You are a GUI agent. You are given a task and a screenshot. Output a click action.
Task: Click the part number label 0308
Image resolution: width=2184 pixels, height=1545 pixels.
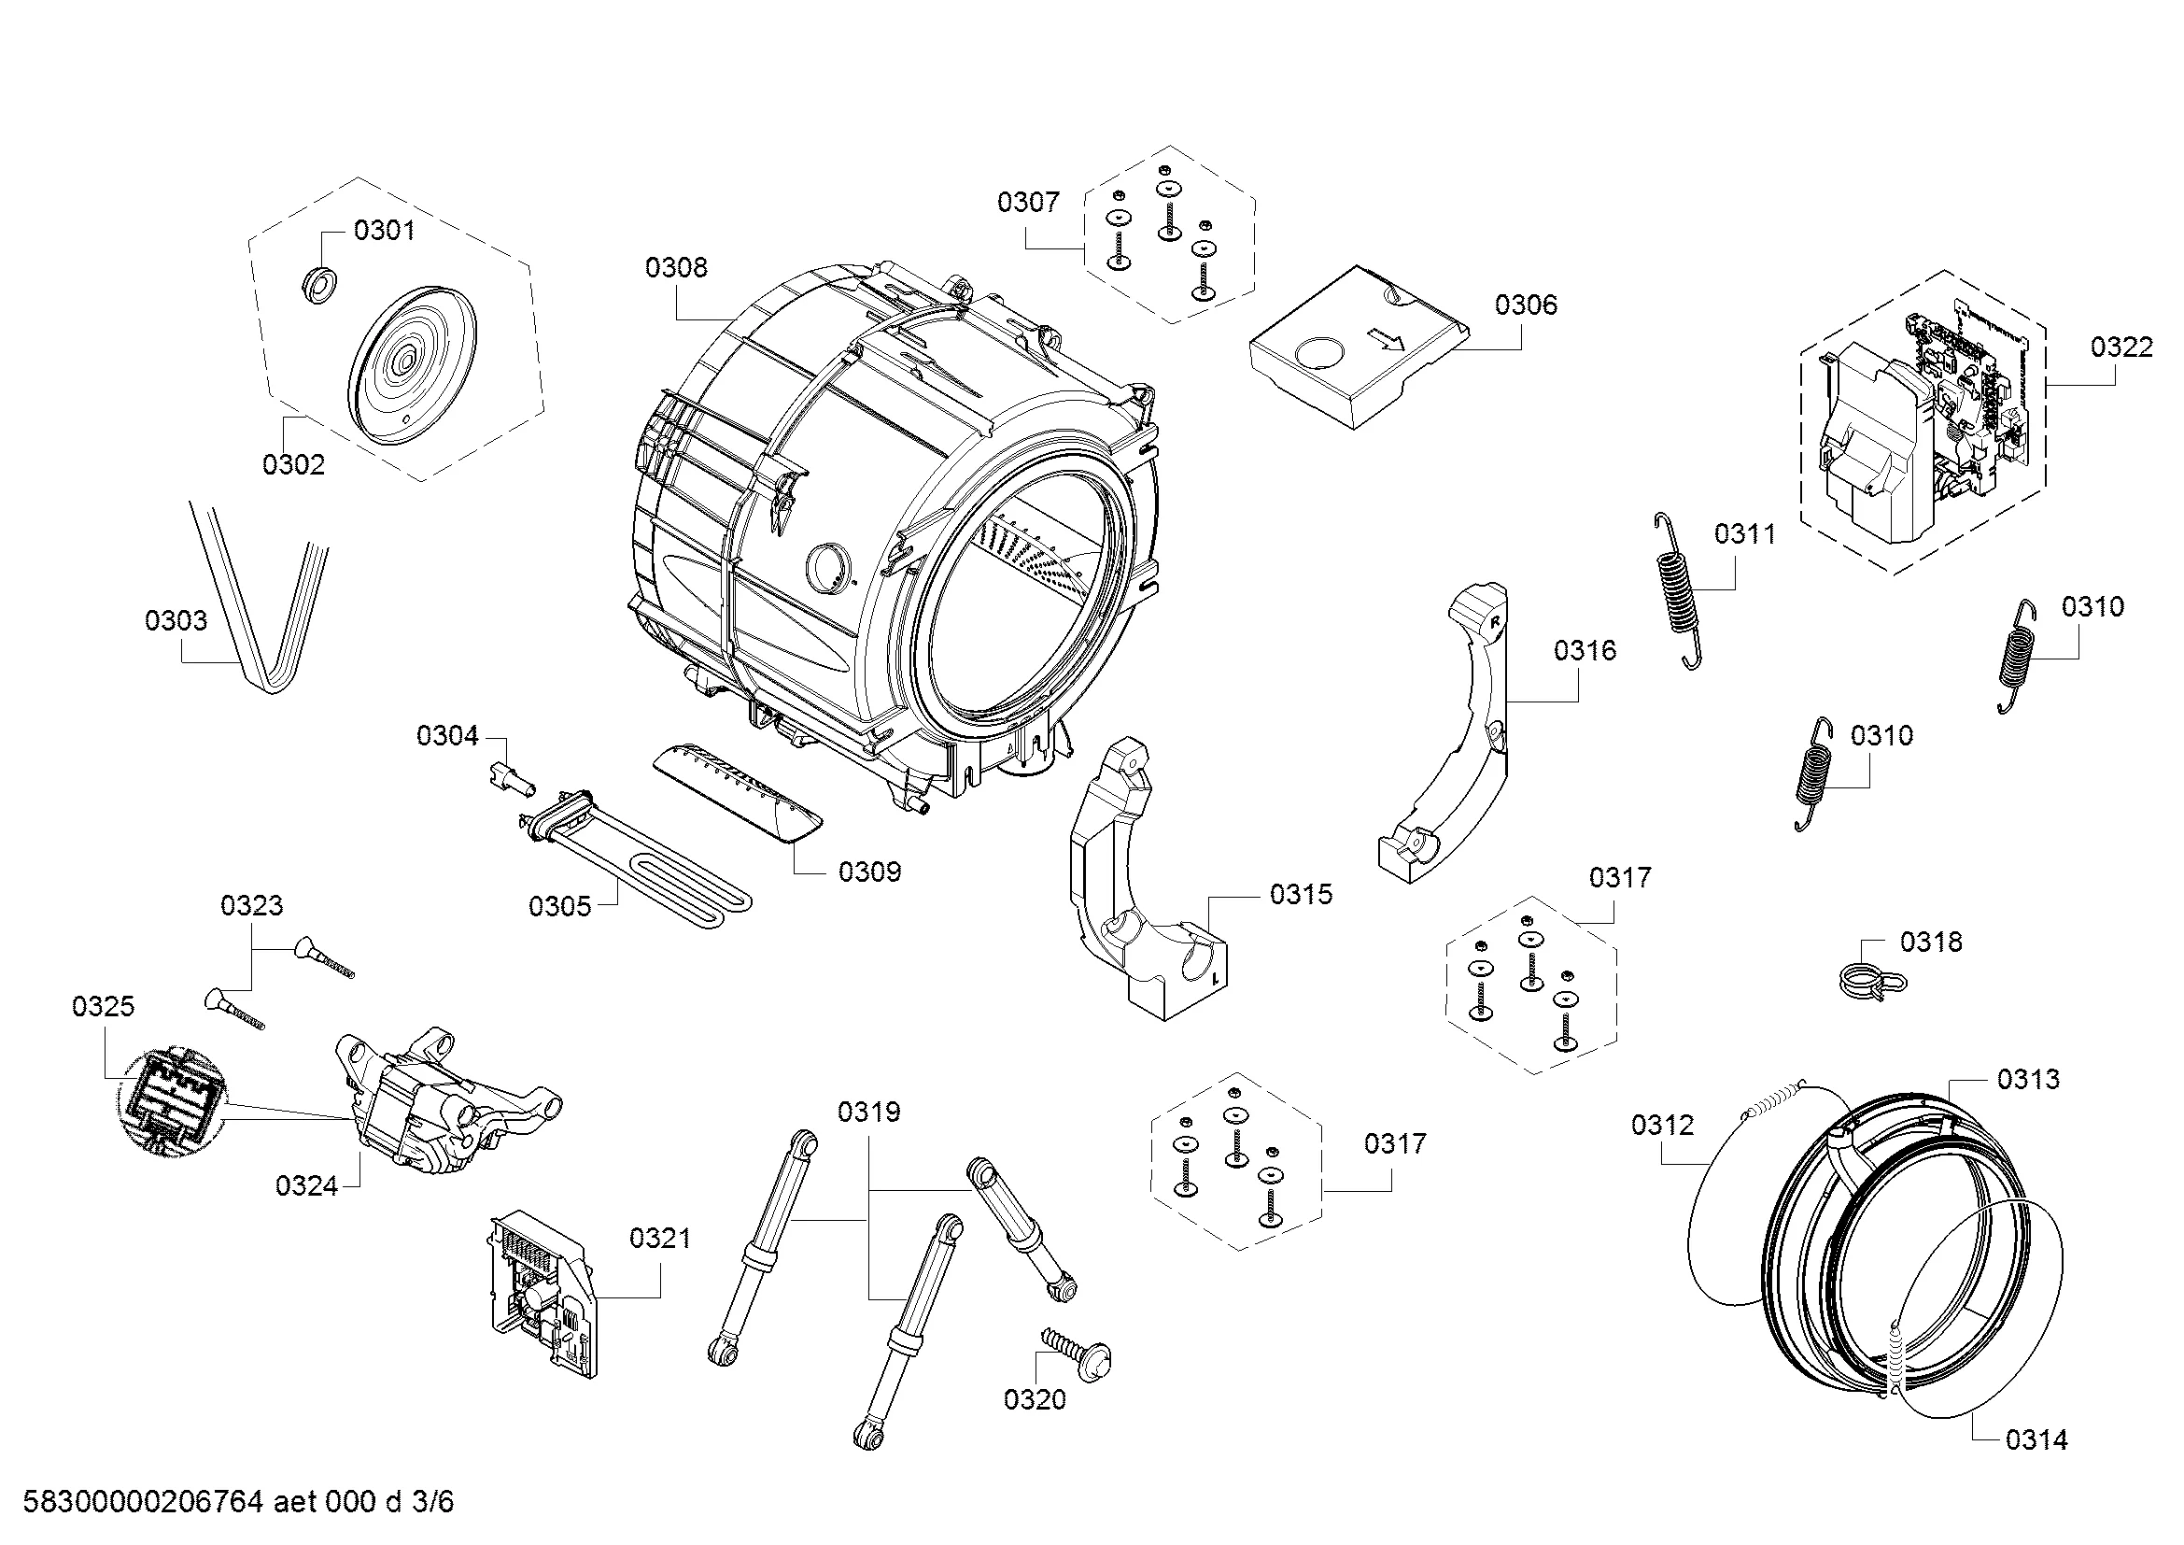pos(675,267)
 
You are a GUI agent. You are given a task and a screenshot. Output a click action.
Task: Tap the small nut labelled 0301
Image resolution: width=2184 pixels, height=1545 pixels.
pos(316,285)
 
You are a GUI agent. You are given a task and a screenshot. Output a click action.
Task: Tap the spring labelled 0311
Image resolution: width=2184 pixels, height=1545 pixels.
pos(1677,590)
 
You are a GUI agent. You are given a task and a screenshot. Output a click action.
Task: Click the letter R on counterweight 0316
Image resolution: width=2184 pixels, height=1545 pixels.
pos(1494,621)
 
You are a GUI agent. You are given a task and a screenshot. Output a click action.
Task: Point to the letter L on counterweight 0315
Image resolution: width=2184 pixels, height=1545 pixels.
pos(1214,977)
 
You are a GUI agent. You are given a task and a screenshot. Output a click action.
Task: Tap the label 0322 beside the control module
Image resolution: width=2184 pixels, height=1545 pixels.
pos(2121,347)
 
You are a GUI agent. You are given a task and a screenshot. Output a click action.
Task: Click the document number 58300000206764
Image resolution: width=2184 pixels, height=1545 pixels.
pos(143,1502)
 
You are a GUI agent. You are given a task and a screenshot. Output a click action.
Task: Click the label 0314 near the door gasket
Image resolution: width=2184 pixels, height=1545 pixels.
pos(2036,1439)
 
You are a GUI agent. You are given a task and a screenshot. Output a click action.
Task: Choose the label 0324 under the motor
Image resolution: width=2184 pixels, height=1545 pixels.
pos(306,1185)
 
